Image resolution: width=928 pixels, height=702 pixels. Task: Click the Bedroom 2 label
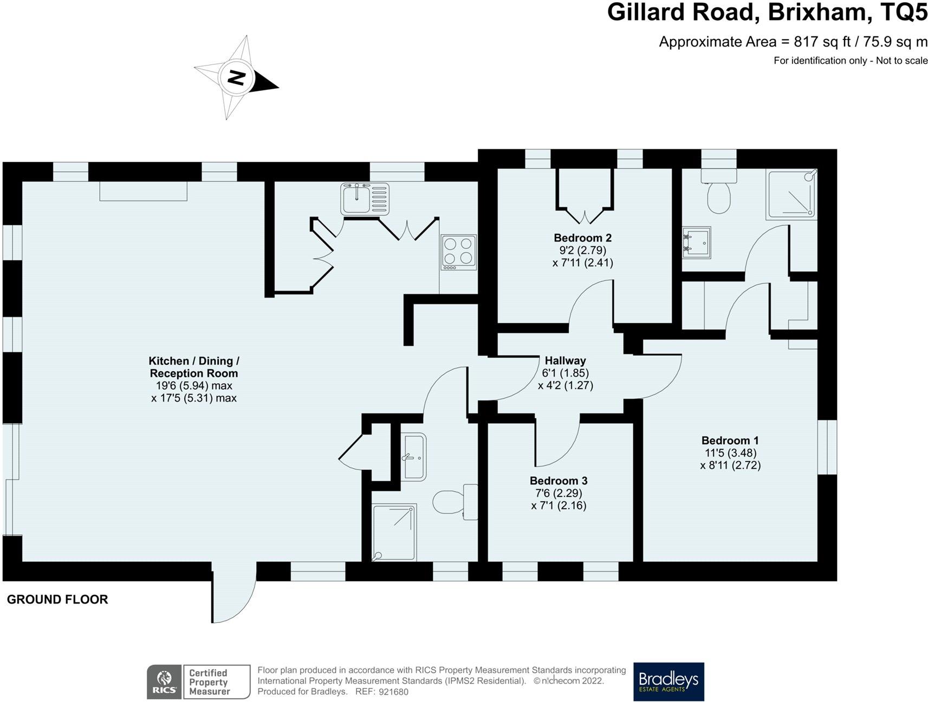(582, 238)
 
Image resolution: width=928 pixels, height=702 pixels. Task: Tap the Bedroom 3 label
(559, 481)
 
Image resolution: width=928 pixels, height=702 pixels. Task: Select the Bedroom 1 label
(730, 441)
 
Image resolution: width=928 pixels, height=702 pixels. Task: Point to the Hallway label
(566, 360)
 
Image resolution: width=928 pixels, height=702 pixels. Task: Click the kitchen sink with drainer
(365, 199)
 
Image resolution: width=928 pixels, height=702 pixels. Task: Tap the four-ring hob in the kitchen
(459, 252)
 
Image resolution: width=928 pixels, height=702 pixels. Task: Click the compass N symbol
(236, 78)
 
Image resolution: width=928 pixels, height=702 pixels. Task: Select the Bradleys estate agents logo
(669, 681)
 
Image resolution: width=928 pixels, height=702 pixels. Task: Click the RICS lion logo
(165, 682)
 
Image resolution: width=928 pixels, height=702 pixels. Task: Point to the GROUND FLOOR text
(57, 599)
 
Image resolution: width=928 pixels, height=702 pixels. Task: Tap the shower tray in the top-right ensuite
(791, 195)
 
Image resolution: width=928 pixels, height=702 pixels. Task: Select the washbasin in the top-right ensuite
(696, 242)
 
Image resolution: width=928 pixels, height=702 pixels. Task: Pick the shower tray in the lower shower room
(394, 533)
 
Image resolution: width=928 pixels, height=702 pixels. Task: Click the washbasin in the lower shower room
(415, 457)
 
